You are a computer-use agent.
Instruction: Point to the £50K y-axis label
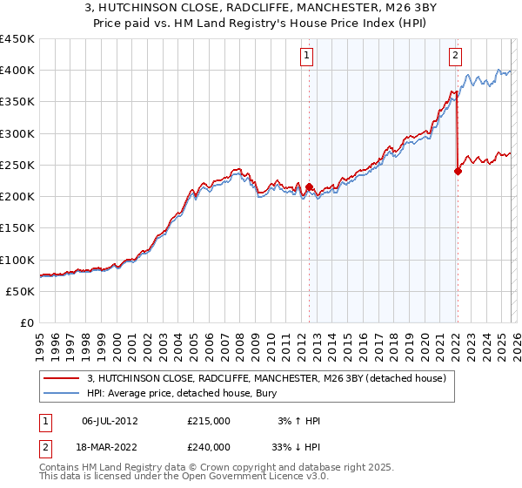click(20, 292)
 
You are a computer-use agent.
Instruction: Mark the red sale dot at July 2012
click(309, 186)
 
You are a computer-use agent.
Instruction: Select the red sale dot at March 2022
click(458, 171)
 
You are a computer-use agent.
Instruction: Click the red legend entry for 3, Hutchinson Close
click(266, 378)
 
